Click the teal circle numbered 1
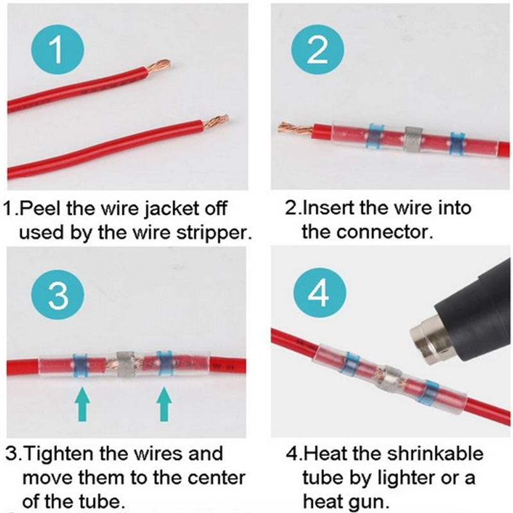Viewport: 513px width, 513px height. point(57,50)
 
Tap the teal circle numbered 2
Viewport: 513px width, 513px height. point(317,50)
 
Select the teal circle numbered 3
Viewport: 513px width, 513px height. point(58,294)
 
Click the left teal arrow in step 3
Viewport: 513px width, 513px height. point(82,405)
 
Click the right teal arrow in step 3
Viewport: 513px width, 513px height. point(164,405)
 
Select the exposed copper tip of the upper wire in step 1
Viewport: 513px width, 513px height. point(158,66)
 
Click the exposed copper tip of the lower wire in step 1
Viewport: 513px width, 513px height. point(215,121)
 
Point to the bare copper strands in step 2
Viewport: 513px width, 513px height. point(294,128)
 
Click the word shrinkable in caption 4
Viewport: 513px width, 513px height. point(435,454)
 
